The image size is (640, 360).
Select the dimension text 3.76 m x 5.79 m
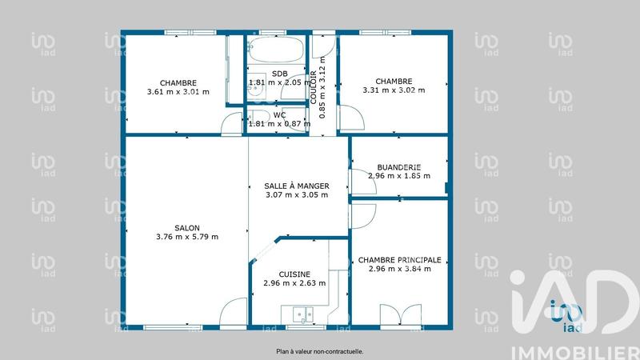[x=187, y=236]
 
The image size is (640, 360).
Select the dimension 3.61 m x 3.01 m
[x=178, y=91]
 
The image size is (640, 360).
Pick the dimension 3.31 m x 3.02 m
[x=394, y=90]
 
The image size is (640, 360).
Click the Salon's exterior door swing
[x=234, y=311]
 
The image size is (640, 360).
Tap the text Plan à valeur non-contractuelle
[x=320, y=351]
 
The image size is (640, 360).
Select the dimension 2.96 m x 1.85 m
[x=398, y=176]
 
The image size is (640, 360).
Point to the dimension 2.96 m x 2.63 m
[x=294, y=282]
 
